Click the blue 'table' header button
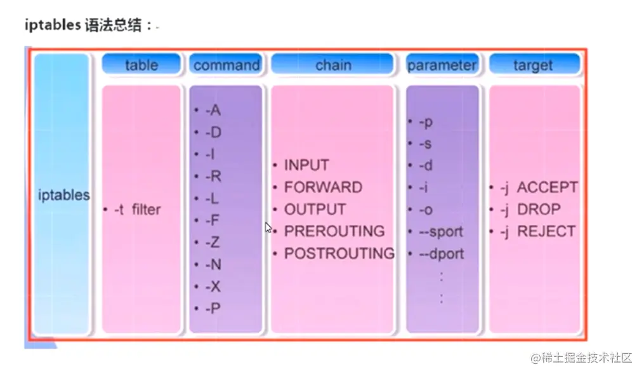click(x=141, y=65)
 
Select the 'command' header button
click(x=226, y=65)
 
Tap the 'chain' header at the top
click(x=333, y=65)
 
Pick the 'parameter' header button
click(x=442, y=65)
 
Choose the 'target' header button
click(x=533, y=65)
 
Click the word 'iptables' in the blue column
click(x=64, y=195)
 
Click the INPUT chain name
click(x=306, y=165)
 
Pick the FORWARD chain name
click(x=323, y=187)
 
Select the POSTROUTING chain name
click(x=339, y=253)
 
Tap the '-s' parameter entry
click(x=425, y=144)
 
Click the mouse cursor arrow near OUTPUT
click(x=268, y=227)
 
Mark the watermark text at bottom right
click(x=581, y=358)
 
